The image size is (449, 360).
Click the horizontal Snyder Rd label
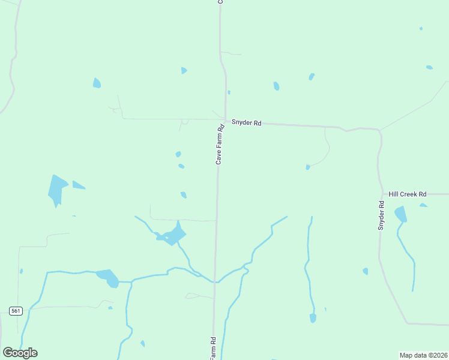point(247,123)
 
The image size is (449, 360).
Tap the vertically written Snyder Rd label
point(381,215)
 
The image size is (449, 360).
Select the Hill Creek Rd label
point(407,194)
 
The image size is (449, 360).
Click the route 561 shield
point(16,310)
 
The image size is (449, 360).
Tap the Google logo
point(20,353)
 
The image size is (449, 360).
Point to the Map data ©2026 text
point(423,355)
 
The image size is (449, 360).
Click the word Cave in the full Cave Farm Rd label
point(219,157)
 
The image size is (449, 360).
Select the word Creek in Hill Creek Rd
point(409,194)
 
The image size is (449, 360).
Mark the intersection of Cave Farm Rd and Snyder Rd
point(224,119)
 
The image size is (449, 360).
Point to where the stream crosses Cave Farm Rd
point(215,281)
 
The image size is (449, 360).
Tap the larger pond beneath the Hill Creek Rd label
point(400,214)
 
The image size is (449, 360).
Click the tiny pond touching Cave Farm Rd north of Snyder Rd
point(229,92)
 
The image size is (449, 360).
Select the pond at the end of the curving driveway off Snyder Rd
point(308,167)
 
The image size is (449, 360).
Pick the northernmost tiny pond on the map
point(421,28)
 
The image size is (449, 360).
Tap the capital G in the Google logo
point(8,352)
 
